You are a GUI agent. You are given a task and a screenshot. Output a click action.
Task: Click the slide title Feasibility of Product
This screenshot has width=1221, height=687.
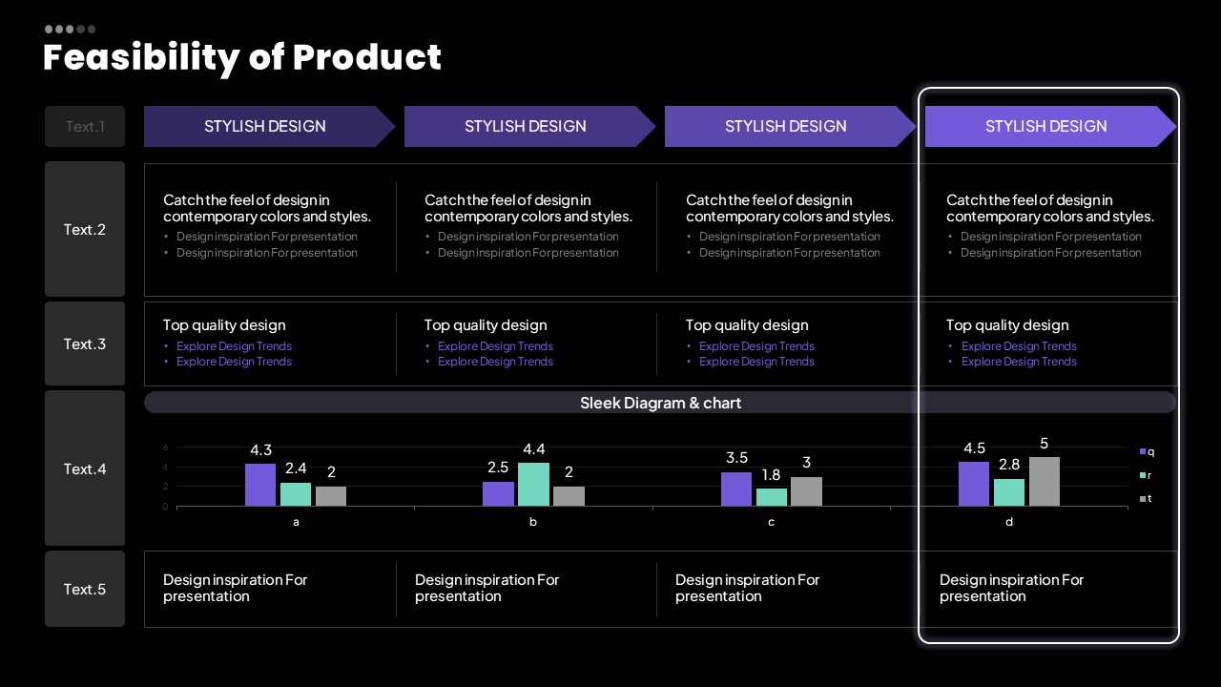242,57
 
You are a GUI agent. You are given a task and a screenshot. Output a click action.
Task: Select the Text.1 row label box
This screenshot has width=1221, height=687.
85,126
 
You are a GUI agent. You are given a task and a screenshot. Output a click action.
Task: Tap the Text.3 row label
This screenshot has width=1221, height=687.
85,343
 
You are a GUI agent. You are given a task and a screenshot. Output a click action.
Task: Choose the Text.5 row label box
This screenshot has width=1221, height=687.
85,589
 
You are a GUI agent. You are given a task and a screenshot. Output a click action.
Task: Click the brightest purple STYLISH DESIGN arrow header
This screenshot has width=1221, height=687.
1046,126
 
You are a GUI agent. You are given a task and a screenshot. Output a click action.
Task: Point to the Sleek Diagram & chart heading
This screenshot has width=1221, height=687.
660,403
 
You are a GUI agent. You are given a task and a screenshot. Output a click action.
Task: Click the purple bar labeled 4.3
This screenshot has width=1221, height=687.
260,485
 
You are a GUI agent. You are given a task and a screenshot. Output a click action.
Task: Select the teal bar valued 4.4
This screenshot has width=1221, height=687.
533,484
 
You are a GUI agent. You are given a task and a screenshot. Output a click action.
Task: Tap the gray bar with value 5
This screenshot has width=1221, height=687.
1044,481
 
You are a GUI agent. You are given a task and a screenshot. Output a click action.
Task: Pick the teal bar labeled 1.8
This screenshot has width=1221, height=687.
772,497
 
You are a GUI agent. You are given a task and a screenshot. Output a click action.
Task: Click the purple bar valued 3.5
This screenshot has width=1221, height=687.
736,489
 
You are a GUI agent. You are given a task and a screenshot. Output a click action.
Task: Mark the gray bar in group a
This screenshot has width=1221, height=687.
331,496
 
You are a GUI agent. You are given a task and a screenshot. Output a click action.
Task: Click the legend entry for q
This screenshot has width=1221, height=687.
1147,451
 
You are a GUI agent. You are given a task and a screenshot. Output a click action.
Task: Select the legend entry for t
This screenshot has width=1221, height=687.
1146,498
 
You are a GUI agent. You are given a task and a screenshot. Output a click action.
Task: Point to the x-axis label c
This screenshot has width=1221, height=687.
771,522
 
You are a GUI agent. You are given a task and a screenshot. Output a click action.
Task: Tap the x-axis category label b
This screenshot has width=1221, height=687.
533,522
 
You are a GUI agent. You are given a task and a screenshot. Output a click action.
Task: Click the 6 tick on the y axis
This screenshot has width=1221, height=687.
166,448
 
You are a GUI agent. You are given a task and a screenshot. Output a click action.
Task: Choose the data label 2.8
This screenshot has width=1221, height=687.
1009,465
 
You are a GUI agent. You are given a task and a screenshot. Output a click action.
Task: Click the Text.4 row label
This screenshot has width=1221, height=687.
85,468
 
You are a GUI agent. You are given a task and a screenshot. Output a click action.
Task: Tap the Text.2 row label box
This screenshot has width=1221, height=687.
85,229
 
